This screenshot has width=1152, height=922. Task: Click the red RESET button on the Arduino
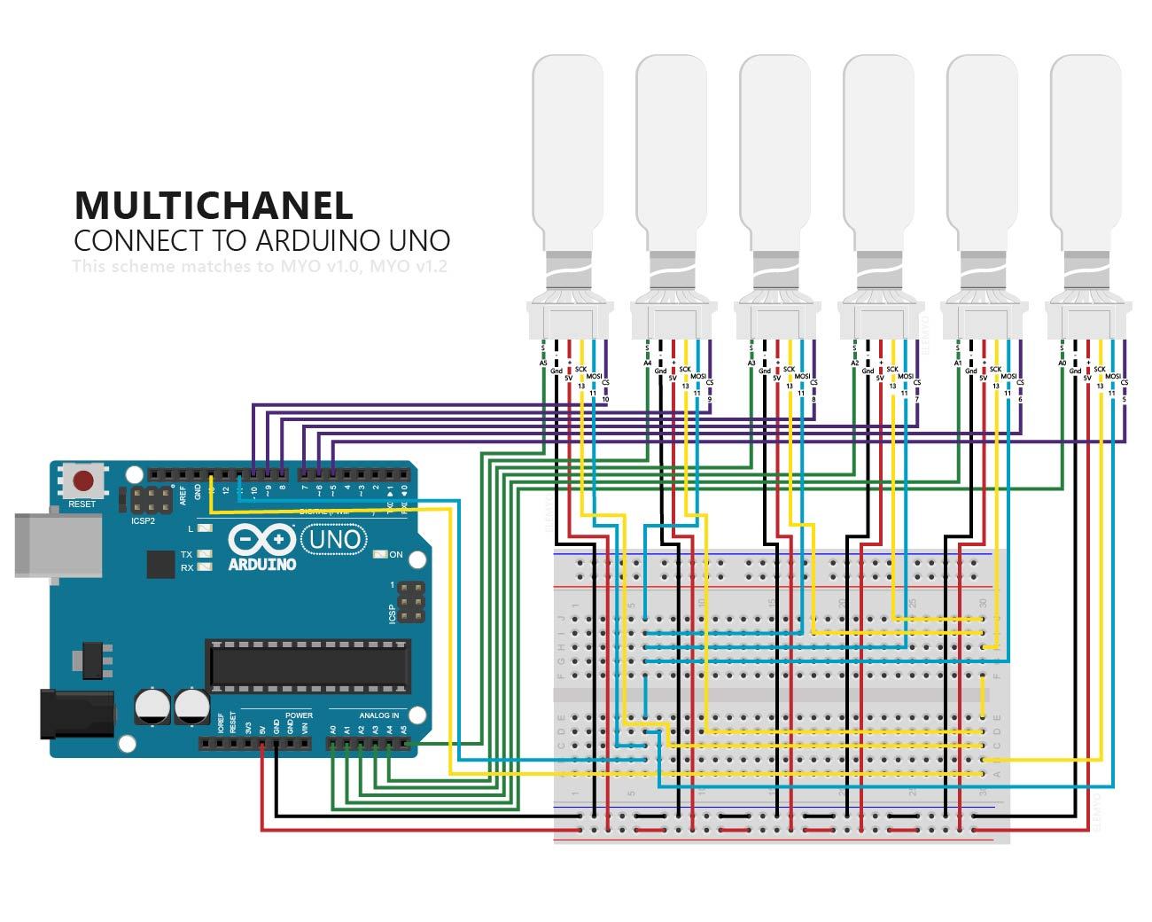click(83, 481)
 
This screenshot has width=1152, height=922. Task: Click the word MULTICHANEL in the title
click(214, 205)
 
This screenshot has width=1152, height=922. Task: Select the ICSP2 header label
click(144, 521)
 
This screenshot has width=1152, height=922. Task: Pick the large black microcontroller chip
click(309, 666)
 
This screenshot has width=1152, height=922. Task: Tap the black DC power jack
click(77, 713)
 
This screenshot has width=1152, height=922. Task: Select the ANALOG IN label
click(378, 715)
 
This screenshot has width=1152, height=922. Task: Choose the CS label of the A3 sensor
click(813, 383)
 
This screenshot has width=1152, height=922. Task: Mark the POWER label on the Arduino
click(299, 715)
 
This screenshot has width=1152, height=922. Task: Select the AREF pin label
click(183, 493)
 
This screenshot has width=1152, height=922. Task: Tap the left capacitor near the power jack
click(152, 707)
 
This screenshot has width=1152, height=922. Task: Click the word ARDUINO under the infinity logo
click(261, 564)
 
